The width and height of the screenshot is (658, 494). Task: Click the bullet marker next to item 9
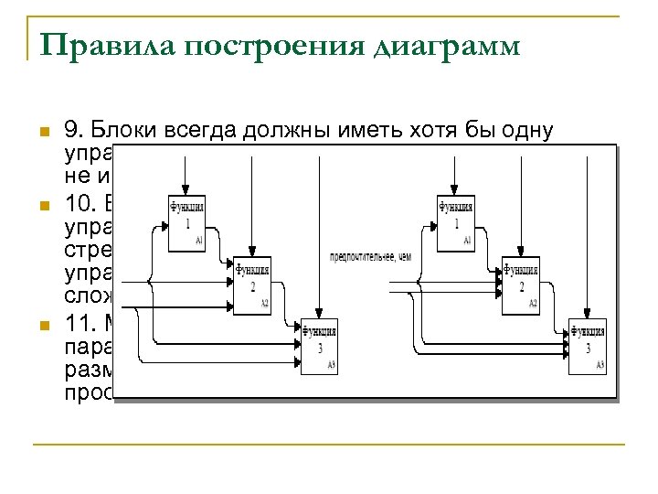[x=37, y=132]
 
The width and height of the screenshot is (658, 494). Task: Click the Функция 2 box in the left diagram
[x=252, y=285]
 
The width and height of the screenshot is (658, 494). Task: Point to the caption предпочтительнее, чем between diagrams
[x=370, y=257]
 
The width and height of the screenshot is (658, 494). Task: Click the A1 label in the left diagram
[x=199, y=241]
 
